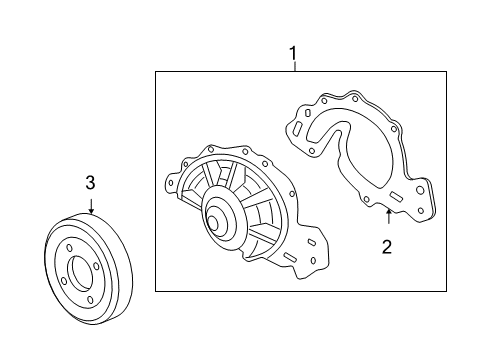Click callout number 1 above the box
pos(293,54)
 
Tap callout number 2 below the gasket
pos(387,247)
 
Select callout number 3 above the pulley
pos(90,183)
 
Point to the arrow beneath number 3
pos(91,206)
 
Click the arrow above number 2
pos(388,216)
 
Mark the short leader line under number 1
pos(295,66)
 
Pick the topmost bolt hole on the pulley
pos(70,248)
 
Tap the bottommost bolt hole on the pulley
pos(91,300)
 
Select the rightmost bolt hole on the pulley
pos(96,267)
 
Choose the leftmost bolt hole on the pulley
pos(64,281)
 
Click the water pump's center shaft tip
pos(212,222)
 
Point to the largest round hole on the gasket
pos(420,191)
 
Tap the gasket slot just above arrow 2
pos(396,196)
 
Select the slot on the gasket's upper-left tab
pos(297,129)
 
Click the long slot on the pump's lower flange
pos(290,257)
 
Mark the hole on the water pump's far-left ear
pos(171,183)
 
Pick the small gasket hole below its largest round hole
pos(420,211)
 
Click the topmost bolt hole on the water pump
pos(210,149)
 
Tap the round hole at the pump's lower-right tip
pos(313,260)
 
